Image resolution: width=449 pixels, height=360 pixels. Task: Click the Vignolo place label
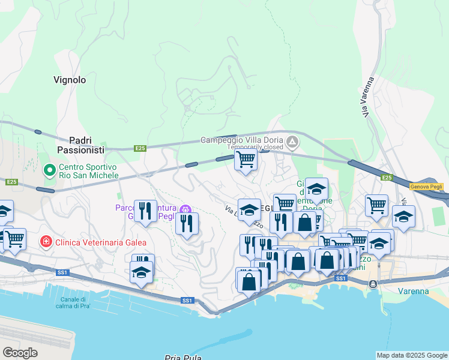pos(70,80)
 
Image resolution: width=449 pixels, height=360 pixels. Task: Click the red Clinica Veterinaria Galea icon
pos(45,242)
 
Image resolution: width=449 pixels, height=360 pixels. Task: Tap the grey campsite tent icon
pos(292,143)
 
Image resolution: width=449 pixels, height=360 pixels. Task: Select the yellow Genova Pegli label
pos(426,187)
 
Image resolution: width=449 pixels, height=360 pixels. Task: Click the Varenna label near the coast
pos(413,292)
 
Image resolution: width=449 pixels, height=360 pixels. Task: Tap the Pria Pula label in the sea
pos(185,358)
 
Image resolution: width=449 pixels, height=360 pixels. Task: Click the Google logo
pos(20,353)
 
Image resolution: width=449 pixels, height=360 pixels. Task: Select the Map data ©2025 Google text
pos(411,355)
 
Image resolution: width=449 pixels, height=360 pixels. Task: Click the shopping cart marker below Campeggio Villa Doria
pos(246,160)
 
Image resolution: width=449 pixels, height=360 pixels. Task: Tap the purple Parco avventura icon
pos(185,209)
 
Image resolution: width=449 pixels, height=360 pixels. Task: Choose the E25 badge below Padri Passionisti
pos(140,148)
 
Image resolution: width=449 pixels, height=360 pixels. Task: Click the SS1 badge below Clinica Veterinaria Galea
pos(63,272)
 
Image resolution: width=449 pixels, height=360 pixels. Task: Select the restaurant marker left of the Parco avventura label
pos(145,211)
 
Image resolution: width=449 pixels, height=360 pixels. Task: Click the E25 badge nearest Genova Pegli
pos(387,178)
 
